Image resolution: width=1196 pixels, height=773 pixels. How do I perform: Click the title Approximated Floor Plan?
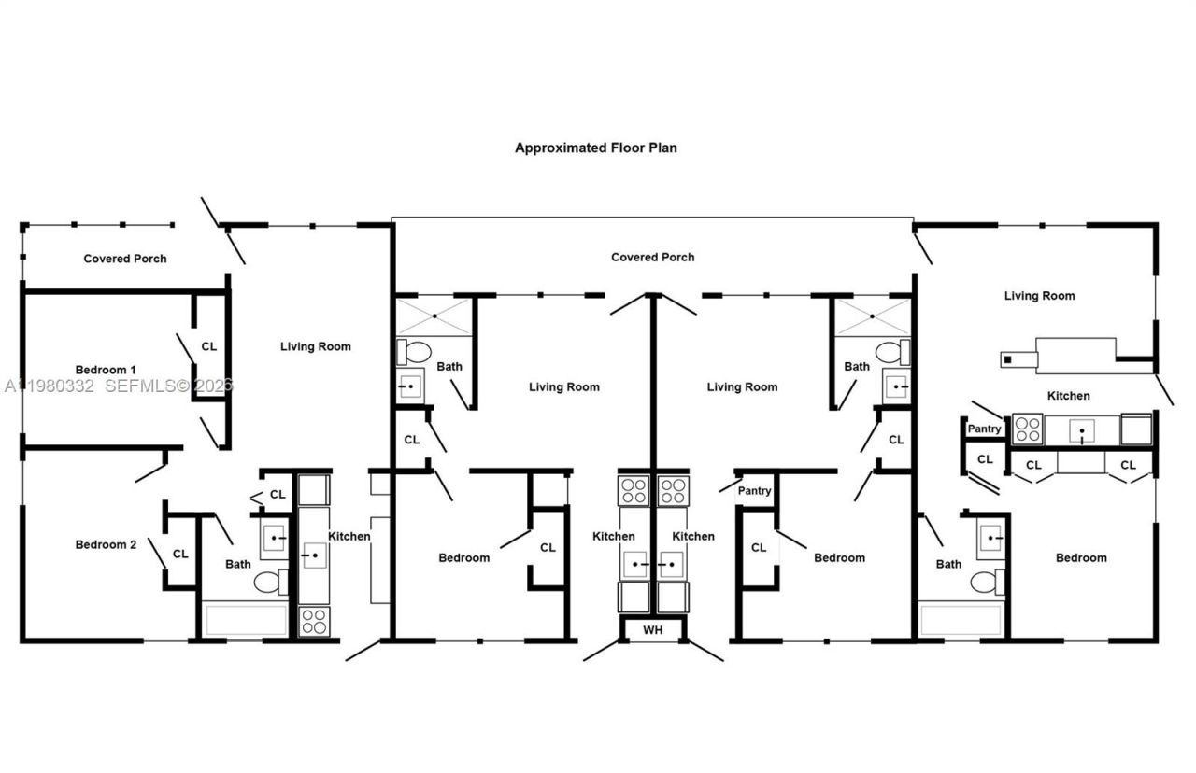point(595,148)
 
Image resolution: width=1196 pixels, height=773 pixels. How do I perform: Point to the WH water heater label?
point(652,630)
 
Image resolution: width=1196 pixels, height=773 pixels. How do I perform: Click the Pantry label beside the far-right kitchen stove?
point(984,429)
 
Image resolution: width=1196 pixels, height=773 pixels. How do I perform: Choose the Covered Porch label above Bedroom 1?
point(125,259)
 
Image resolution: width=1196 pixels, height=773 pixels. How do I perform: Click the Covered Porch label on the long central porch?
point(652,257)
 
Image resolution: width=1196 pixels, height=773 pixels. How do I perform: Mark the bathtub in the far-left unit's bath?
point(246,620)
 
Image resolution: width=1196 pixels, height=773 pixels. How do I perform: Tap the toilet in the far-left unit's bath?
point(272,583)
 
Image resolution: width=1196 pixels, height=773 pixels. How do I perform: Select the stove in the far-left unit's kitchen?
point(313,621)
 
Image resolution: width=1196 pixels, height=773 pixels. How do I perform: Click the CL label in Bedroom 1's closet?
point(208,346)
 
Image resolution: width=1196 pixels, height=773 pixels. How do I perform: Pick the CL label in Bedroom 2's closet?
point(179,554)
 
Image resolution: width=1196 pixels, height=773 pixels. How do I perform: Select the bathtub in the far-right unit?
point(961,620)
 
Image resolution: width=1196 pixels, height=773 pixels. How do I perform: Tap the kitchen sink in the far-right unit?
point(1082,430)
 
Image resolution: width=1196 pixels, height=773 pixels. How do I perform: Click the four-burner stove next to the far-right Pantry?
point(1027,429)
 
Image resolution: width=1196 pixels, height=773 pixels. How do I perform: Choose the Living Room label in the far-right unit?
point(1039,296)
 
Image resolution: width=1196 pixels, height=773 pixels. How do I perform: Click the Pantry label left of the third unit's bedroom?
point(754,490)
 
